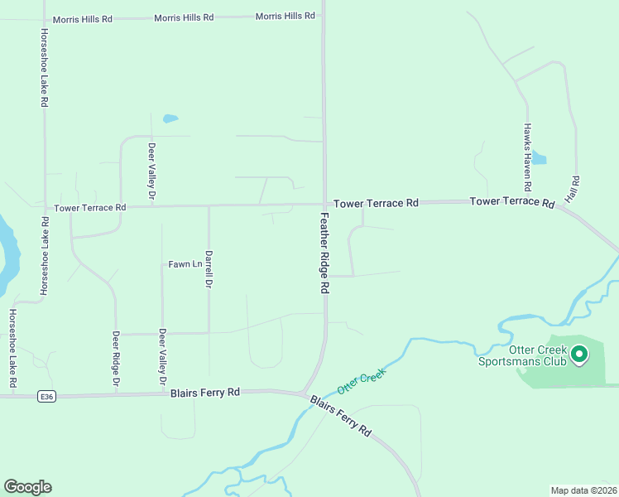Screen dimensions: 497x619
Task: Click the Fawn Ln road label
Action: coord(185,264)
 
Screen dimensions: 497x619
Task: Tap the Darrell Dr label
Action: coord(209,269)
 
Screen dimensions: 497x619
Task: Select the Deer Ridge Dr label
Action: coord(116,359)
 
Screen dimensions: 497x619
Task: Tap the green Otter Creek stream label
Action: coord(362,380)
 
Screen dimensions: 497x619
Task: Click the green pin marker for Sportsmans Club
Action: coord(579,355)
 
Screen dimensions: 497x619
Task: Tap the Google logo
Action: coord(27,487)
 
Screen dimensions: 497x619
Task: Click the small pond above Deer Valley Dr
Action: coord(170,118)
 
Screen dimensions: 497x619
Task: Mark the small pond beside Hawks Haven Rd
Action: coord(539,157)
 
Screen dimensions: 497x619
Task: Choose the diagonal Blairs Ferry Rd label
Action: coord(341,417)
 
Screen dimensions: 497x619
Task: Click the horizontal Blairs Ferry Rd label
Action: coord(204,392)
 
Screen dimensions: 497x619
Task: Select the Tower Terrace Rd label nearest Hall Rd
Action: coord(511,202)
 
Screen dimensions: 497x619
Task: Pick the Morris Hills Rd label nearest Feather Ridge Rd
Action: coord(285,16)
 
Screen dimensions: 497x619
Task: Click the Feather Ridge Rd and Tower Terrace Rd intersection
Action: coord(324,204)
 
